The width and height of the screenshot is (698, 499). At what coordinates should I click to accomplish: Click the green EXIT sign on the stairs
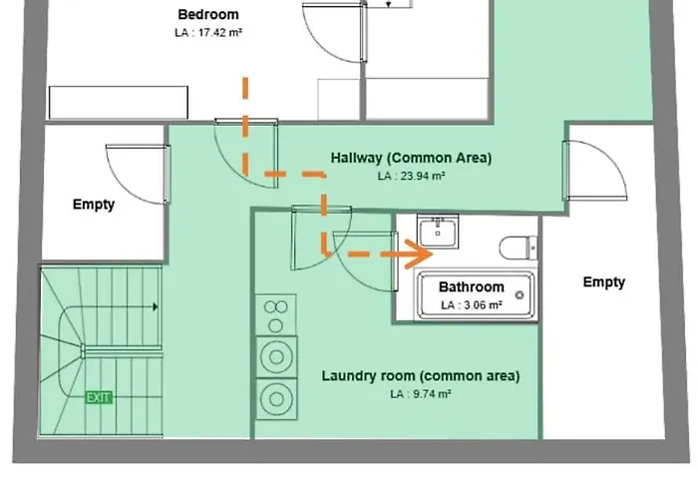click(100, 397)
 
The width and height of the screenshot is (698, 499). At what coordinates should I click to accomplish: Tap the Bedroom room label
click(208, 15)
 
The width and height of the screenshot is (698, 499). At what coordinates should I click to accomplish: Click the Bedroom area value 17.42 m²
click(208, 33)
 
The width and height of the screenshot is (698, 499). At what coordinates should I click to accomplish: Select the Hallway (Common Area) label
click(411, 158)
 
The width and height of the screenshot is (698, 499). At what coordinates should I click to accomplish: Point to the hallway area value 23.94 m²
click(411, 176)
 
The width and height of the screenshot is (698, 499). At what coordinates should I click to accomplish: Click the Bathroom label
click(472, 287)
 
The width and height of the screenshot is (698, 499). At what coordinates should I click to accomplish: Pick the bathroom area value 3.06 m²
click(472, 304)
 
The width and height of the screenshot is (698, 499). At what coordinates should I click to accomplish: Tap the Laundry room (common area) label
click(420, 376)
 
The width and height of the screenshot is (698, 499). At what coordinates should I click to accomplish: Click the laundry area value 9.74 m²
click(420, 394)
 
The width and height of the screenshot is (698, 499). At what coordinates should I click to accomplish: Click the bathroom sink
click(438, 233)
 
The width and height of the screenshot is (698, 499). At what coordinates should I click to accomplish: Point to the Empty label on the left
click(94, 205)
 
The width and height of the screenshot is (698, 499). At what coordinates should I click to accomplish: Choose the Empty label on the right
click(604, 282)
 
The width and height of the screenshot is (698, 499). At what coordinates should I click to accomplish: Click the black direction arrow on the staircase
click(155, 308)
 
